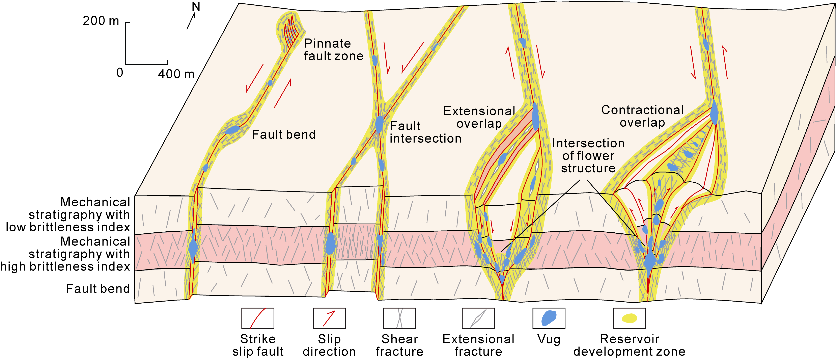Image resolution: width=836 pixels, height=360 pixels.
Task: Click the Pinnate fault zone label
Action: click(333, 50)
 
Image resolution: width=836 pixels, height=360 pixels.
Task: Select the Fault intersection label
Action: click(425, 132)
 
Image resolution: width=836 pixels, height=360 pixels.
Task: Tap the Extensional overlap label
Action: click(479, 117)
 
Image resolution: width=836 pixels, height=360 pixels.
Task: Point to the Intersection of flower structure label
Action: click(588, 155)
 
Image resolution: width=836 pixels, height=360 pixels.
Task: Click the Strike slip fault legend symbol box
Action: click(258, 318)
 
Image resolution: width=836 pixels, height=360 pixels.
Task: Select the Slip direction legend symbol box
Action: click(329, 318)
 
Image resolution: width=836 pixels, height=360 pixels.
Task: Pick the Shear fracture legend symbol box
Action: click(399, 318)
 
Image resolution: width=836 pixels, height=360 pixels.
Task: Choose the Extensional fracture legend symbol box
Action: click(478, 318)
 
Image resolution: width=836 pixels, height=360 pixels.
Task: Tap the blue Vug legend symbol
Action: click(549, 318)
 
